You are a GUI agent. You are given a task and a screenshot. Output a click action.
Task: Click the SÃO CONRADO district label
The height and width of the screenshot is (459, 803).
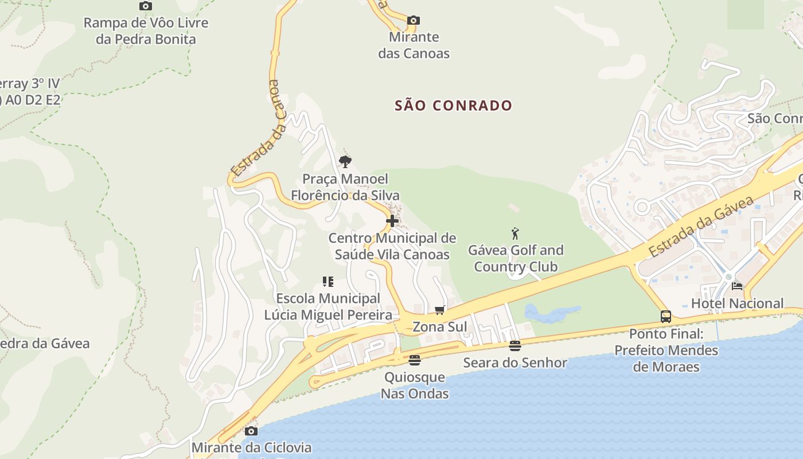453,106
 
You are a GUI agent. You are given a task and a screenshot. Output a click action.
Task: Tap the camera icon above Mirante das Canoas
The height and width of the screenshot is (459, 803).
413,21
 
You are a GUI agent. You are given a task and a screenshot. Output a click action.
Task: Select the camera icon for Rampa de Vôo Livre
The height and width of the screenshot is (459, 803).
146,6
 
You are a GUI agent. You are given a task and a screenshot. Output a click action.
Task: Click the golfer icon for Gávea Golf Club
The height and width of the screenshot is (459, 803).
515,234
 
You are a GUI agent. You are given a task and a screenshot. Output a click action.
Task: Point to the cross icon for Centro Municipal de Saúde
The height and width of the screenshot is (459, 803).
392,221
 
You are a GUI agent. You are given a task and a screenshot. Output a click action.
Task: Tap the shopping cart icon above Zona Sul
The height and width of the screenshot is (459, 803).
440,310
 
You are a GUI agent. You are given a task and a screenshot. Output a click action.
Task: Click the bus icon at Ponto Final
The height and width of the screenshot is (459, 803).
665,316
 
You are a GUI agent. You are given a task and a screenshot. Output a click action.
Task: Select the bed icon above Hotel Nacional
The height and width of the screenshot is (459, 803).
737,286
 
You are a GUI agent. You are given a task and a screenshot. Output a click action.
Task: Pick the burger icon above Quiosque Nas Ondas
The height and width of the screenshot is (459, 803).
415,360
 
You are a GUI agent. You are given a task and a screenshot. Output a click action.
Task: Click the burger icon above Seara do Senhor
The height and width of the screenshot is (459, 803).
515,345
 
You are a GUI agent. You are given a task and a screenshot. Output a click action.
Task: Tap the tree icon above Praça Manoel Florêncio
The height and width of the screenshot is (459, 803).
345,162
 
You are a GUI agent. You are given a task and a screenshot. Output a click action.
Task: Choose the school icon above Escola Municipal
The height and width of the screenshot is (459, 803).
328,282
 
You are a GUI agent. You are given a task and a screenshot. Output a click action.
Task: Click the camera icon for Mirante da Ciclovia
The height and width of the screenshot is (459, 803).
251,431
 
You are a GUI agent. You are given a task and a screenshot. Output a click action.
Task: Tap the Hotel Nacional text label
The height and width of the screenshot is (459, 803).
737,304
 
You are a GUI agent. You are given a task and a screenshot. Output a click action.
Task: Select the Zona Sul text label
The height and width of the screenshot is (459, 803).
440,327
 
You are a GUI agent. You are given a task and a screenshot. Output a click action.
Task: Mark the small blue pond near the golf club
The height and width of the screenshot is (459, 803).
551,313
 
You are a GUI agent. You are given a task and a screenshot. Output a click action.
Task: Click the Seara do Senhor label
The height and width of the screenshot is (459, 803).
515,363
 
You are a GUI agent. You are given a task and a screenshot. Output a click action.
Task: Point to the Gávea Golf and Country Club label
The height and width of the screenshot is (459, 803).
516,258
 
